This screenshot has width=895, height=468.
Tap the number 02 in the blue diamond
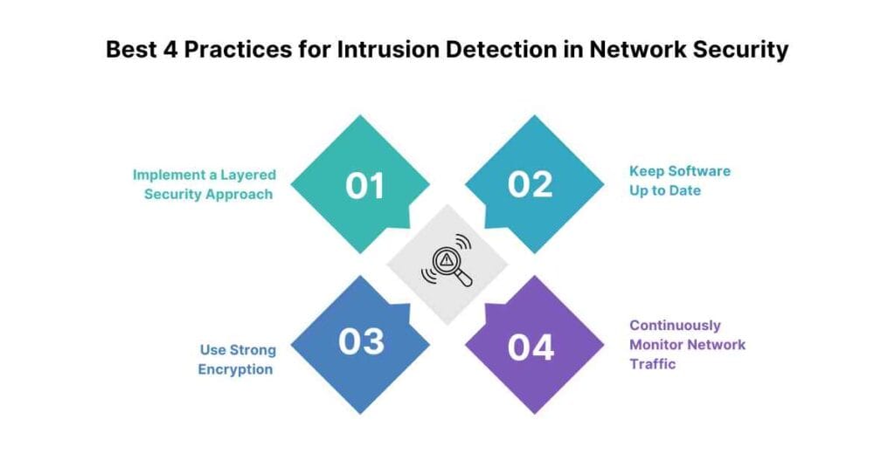531,185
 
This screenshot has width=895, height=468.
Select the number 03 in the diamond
361,341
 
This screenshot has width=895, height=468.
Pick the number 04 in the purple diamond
531,347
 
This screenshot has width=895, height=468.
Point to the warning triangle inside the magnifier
447,259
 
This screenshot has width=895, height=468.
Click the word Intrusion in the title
399,50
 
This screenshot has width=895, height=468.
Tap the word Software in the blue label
696,171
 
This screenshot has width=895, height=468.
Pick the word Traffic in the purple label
653,364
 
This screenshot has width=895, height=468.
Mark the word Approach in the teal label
240,194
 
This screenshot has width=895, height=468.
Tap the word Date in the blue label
684,190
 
